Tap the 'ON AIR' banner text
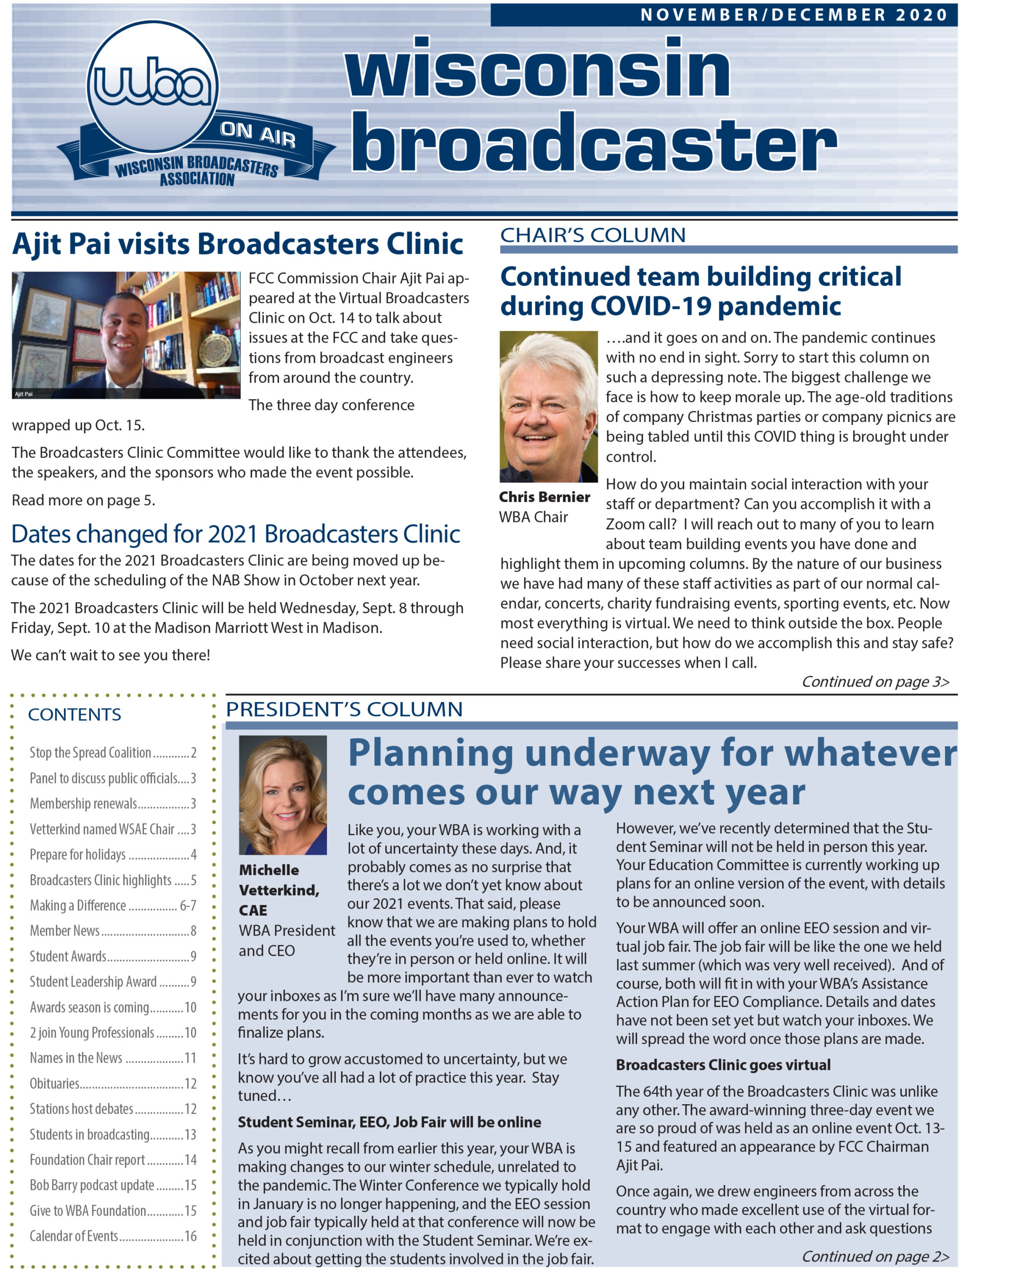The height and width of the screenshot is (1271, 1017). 257,134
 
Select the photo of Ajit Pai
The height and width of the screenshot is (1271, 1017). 126,335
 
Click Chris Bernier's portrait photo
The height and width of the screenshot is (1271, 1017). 548,406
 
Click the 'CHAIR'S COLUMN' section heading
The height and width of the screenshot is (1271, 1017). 593,235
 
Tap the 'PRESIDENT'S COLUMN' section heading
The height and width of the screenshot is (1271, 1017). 344,709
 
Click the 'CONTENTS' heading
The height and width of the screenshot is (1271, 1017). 74,714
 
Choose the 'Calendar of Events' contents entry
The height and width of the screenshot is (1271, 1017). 113,1236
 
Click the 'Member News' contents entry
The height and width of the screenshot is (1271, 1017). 113,931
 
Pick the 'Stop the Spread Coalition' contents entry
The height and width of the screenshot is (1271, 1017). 113,753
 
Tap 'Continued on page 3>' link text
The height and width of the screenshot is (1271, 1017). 875,682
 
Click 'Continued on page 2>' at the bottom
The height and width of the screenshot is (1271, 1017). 875,1256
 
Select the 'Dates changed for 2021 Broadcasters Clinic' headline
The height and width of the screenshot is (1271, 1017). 236,534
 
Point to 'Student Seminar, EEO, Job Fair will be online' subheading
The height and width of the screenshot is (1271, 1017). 389,1123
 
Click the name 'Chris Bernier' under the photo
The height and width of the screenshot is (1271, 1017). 544,497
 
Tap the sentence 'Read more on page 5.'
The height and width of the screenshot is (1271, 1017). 83,500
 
